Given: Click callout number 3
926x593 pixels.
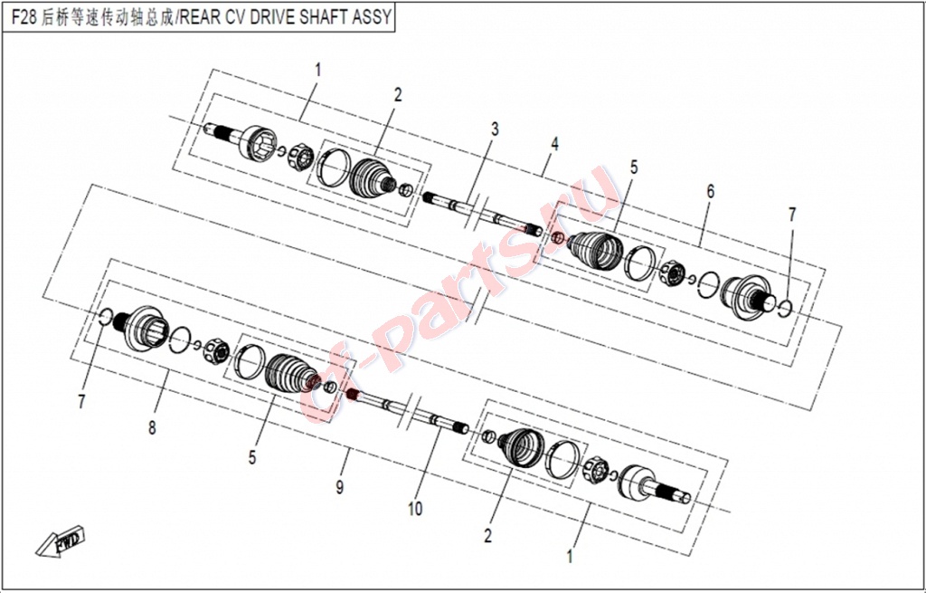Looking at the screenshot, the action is coord(495,129).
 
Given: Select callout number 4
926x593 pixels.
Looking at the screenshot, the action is coord(553,144).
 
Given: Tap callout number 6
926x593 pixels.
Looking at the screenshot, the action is coord(710,192).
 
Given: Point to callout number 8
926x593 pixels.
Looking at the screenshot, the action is coord(152,427).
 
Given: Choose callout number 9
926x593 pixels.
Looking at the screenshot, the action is coord(339,487).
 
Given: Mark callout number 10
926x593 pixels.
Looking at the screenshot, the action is coord(415,509).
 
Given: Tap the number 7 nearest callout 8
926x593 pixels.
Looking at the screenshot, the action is coord(81,402).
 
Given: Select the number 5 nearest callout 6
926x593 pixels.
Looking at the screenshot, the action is coord(634,167).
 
